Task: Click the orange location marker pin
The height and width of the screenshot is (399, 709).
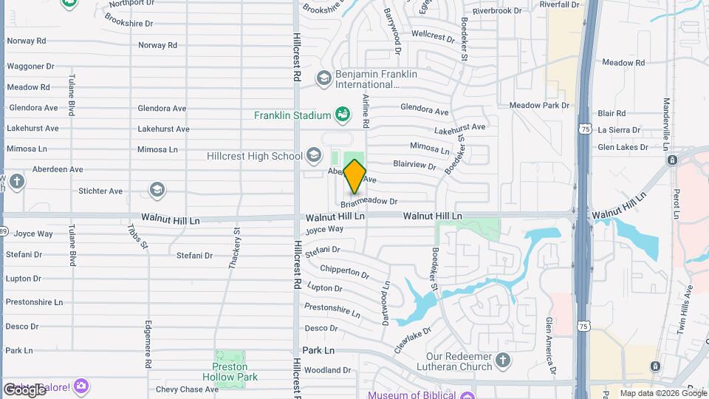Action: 354,176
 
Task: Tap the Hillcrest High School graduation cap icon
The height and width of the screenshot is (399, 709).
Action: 314,155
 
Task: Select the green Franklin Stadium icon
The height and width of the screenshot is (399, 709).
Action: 342,115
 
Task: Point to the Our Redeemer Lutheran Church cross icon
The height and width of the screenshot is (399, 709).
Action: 503,361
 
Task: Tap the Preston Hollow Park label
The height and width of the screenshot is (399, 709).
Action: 235,372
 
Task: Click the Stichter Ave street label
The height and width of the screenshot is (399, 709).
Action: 100,191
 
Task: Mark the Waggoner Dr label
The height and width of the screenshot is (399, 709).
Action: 26,66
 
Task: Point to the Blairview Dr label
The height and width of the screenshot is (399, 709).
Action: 414,164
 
